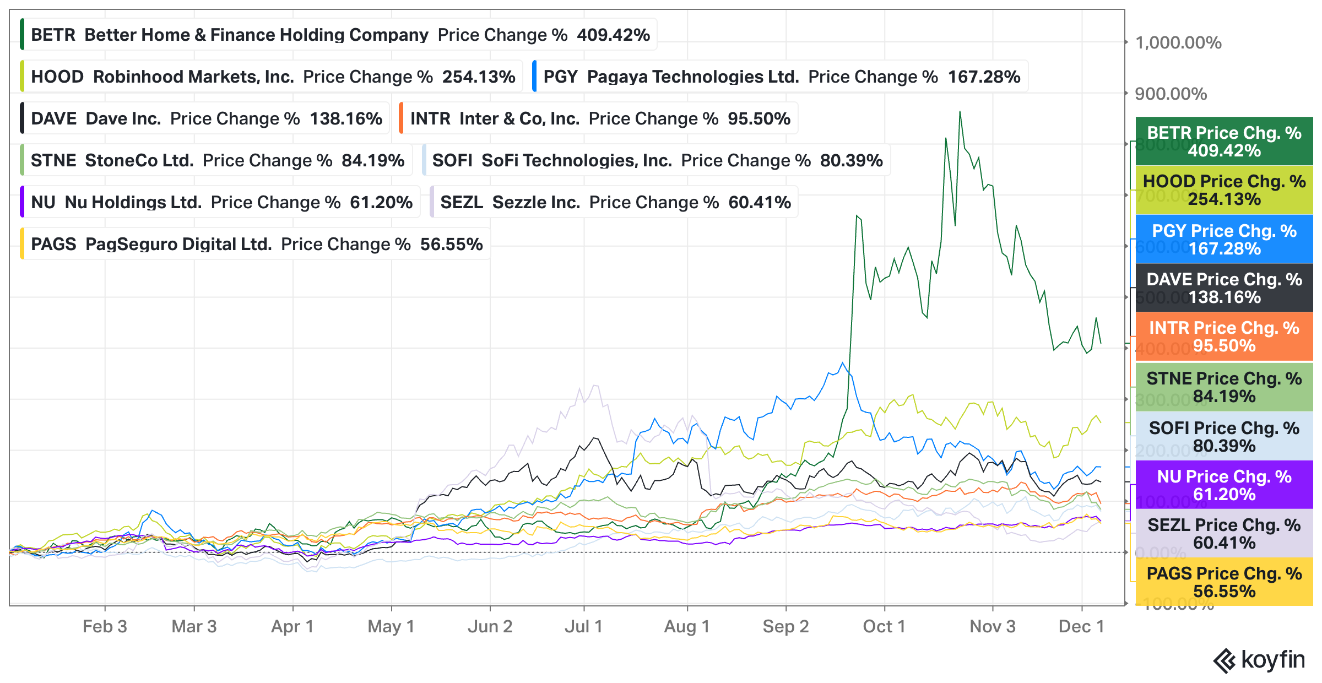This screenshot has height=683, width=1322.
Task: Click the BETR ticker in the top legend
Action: (53, 35)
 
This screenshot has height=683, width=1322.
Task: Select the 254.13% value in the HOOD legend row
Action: (478, 77)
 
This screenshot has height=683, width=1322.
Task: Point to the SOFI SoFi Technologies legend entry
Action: (657, 160)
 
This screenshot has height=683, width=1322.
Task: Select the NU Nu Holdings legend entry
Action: (221, 202)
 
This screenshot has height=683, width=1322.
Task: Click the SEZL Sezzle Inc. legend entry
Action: (615, 202)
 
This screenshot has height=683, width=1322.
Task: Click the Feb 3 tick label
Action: (105, 626)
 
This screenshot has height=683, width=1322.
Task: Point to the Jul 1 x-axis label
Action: (583, 626)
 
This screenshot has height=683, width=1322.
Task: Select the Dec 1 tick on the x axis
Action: (1081, 626)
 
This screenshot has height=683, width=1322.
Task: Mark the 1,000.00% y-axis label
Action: (1178, 42)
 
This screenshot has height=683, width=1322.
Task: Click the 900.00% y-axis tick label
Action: (1171, 94)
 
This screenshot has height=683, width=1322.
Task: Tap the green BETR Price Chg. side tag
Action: (1224, 142)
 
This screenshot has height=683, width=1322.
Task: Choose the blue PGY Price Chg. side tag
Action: (1224, 239)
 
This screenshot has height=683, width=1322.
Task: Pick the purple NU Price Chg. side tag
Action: (1224, 485)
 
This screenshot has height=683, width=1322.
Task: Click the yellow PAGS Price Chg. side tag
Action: (1224, 582)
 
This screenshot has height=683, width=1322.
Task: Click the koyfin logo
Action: (1259, 660)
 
